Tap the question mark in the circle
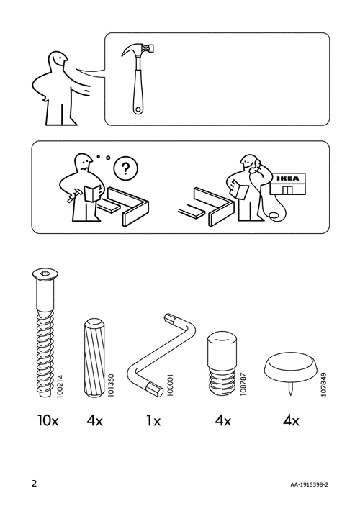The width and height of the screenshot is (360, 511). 126,169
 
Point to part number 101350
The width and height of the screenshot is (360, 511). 112,385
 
